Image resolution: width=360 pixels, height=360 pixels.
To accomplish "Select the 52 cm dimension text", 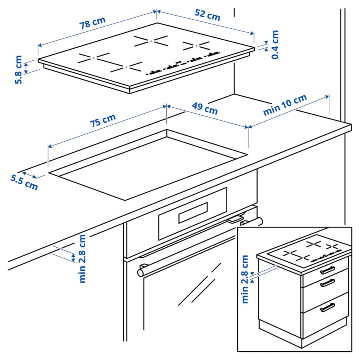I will click(207, 15).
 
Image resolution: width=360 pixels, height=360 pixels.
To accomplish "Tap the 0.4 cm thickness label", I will click(275, 44).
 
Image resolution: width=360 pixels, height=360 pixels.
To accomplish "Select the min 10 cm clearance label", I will click(285, 105).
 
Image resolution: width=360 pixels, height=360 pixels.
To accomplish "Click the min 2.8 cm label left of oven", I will click(82, 258).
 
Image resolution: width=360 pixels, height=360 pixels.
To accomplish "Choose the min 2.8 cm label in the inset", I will click(245, 279).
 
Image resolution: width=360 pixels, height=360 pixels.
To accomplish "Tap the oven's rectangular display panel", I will click(193, 212).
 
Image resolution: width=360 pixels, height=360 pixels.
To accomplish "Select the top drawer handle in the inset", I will click(327, 270).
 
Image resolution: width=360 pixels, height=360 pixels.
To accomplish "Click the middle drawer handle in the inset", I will click(327, 283).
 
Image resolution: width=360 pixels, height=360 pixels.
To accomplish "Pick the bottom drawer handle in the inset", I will click(327, 307).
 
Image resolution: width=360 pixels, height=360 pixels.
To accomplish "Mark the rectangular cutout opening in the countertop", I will click(148, 164).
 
